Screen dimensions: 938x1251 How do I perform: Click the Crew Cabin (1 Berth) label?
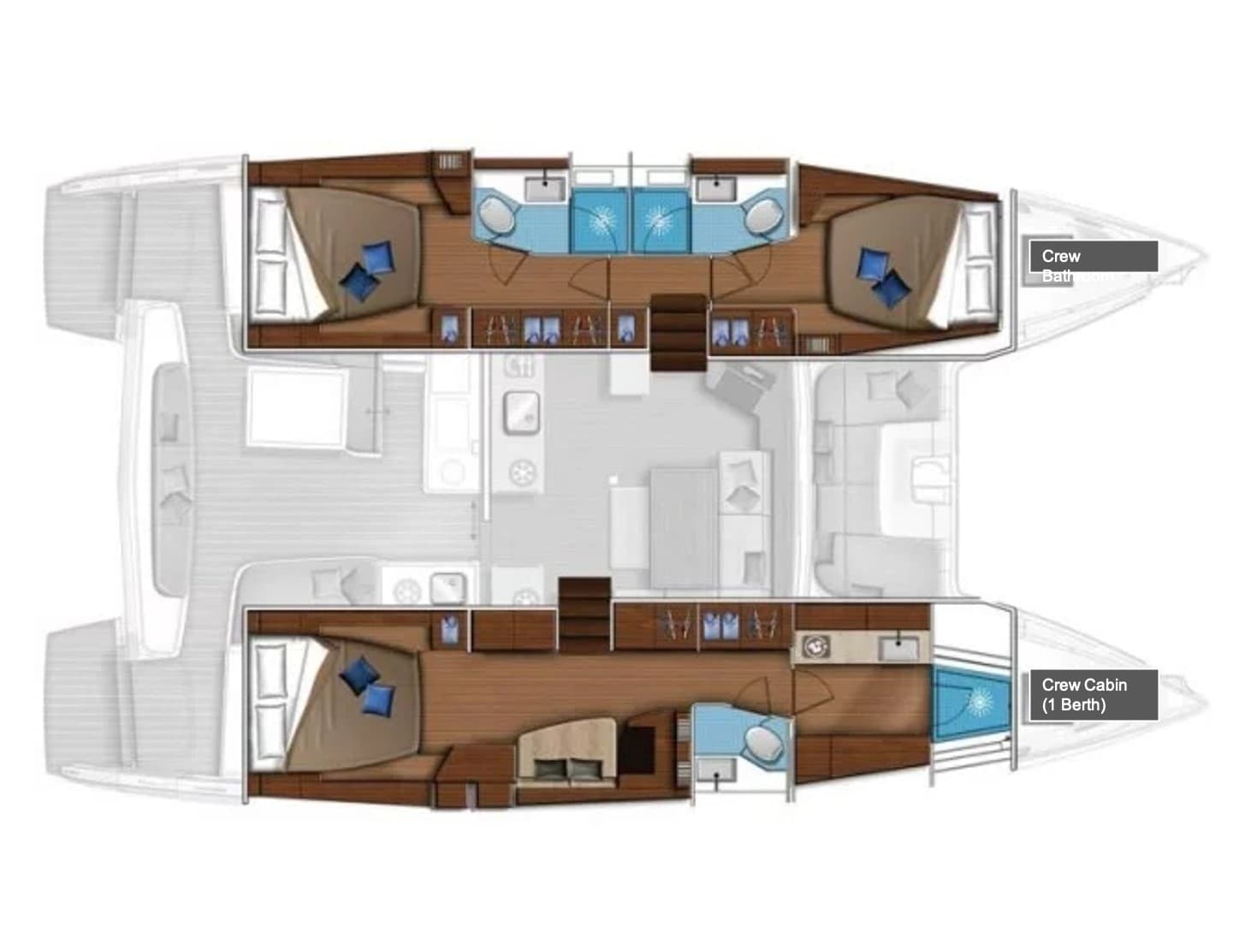1093,694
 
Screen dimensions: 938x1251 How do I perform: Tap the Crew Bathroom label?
1093,256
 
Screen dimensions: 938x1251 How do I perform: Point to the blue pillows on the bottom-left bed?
368,686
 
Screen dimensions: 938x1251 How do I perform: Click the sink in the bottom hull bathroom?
715,769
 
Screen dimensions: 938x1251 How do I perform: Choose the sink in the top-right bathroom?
709,184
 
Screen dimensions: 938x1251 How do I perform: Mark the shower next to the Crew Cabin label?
973,703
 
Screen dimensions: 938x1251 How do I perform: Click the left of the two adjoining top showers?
599,221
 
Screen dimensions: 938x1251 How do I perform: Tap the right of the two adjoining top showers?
659,221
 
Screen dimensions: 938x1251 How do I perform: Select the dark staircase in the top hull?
679,332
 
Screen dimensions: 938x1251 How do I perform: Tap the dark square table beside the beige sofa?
635,748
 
